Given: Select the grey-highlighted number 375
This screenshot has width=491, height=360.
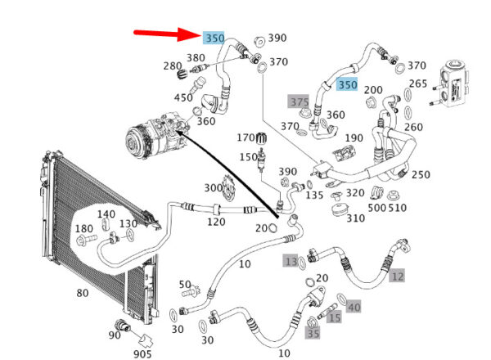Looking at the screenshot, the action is coord(299,101).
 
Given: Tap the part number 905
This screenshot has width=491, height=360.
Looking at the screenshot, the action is coord(142,354).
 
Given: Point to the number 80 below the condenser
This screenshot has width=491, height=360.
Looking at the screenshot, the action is coord(83,293).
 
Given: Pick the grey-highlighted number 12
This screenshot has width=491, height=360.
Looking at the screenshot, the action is coord(398,276).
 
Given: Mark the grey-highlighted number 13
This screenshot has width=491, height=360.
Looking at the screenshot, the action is coord(291,261).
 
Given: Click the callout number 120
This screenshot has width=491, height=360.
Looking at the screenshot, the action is coord(216,222).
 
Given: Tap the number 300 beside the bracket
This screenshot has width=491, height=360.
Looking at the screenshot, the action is coord(214,188).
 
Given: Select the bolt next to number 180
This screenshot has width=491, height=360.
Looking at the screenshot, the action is coord(86,240).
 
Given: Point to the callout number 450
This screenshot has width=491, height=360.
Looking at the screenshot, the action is coord(183,97).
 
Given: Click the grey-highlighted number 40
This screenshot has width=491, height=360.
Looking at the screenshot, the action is coord(354,307).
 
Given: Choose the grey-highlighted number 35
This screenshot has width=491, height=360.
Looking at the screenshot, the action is coord(313,333).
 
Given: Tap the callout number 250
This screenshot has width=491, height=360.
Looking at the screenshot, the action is coord(421,174).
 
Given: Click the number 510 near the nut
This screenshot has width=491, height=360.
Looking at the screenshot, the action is coord(397,207).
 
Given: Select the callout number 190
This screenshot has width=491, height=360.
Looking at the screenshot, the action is coord(354,137).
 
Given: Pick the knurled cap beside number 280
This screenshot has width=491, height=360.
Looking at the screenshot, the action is coord(182,74).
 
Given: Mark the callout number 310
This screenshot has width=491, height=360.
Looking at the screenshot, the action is coord(355,218).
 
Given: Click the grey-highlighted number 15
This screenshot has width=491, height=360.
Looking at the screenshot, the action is coord(334,317).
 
